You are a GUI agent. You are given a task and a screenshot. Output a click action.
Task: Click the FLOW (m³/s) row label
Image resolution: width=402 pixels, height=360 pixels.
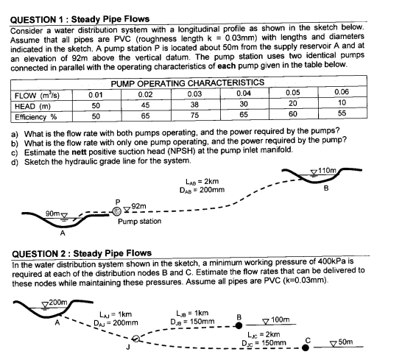coord(32,94)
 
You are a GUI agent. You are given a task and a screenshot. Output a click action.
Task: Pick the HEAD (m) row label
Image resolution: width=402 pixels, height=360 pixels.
coord(30,105)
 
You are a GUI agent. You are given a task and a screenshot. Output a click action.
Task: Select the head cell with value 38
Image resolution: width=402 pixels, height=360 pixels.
coord(194,105)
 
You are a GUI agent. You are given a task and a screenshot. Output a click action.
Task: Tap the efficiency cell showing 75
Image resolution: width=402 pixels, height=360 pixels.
coord(194,116)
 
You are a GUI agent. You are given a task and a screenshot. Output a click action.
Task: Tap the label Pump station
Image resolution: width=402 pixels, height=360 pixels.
coord(139,221)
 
